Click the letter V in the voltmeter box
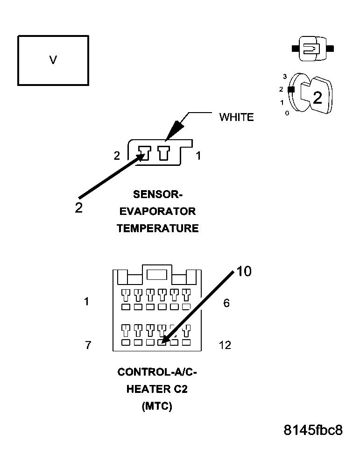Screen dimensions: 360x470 (53, 60)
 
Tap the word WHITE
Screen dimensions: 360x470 (236, 117)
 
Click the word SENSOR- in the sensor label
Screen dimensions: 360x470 (157, 194)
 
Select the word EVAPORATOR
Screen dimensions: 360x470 (157, 211)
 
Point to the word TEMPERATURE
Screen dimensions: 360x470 (157, 228)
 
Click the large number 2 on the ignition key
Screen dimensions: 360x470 (318, 98)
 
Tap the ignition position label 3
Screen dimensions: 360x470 (285, 77)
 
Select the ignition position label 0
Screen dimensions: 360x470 (287, 114)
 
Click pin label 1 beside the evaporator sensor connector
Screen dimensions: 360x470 (198, 156)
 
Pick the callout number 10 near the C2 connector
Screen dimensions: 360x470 (244, 271)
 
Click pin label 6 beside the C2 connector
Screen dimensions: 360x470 (226, 303)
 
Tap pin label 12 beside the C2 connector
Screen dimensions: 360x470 (225, 345)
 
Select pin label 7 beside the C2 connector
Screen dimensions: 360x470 (88, 345)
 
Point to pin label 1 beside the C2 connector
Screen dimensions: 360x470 (86, 301)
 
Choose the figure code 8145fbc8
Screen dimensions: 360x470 (313, 430)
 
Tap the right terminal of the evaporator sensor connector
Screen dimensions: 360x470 (164, 153)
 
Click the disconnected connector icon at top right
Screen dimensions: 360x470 (313, 48)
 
